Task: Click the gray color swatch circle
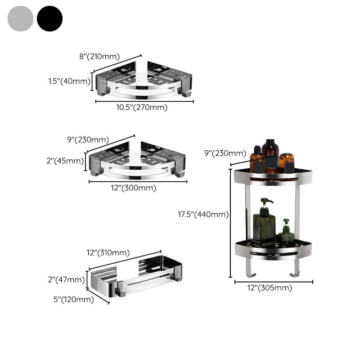[x=20, y=18]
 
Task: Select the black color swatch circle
[x=49, y=18]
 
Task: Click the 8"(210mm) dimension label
[x=99, y=57]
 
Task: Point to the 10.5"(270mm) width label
[x=142, y=108]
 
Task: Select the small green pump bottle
[x=286, y=234]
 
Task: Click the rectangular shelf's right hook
[x=179, y=275]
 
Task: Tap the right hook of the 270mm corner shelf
[x=185, y=91]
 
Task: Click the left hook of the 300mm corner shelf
[x=95, y=171]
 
